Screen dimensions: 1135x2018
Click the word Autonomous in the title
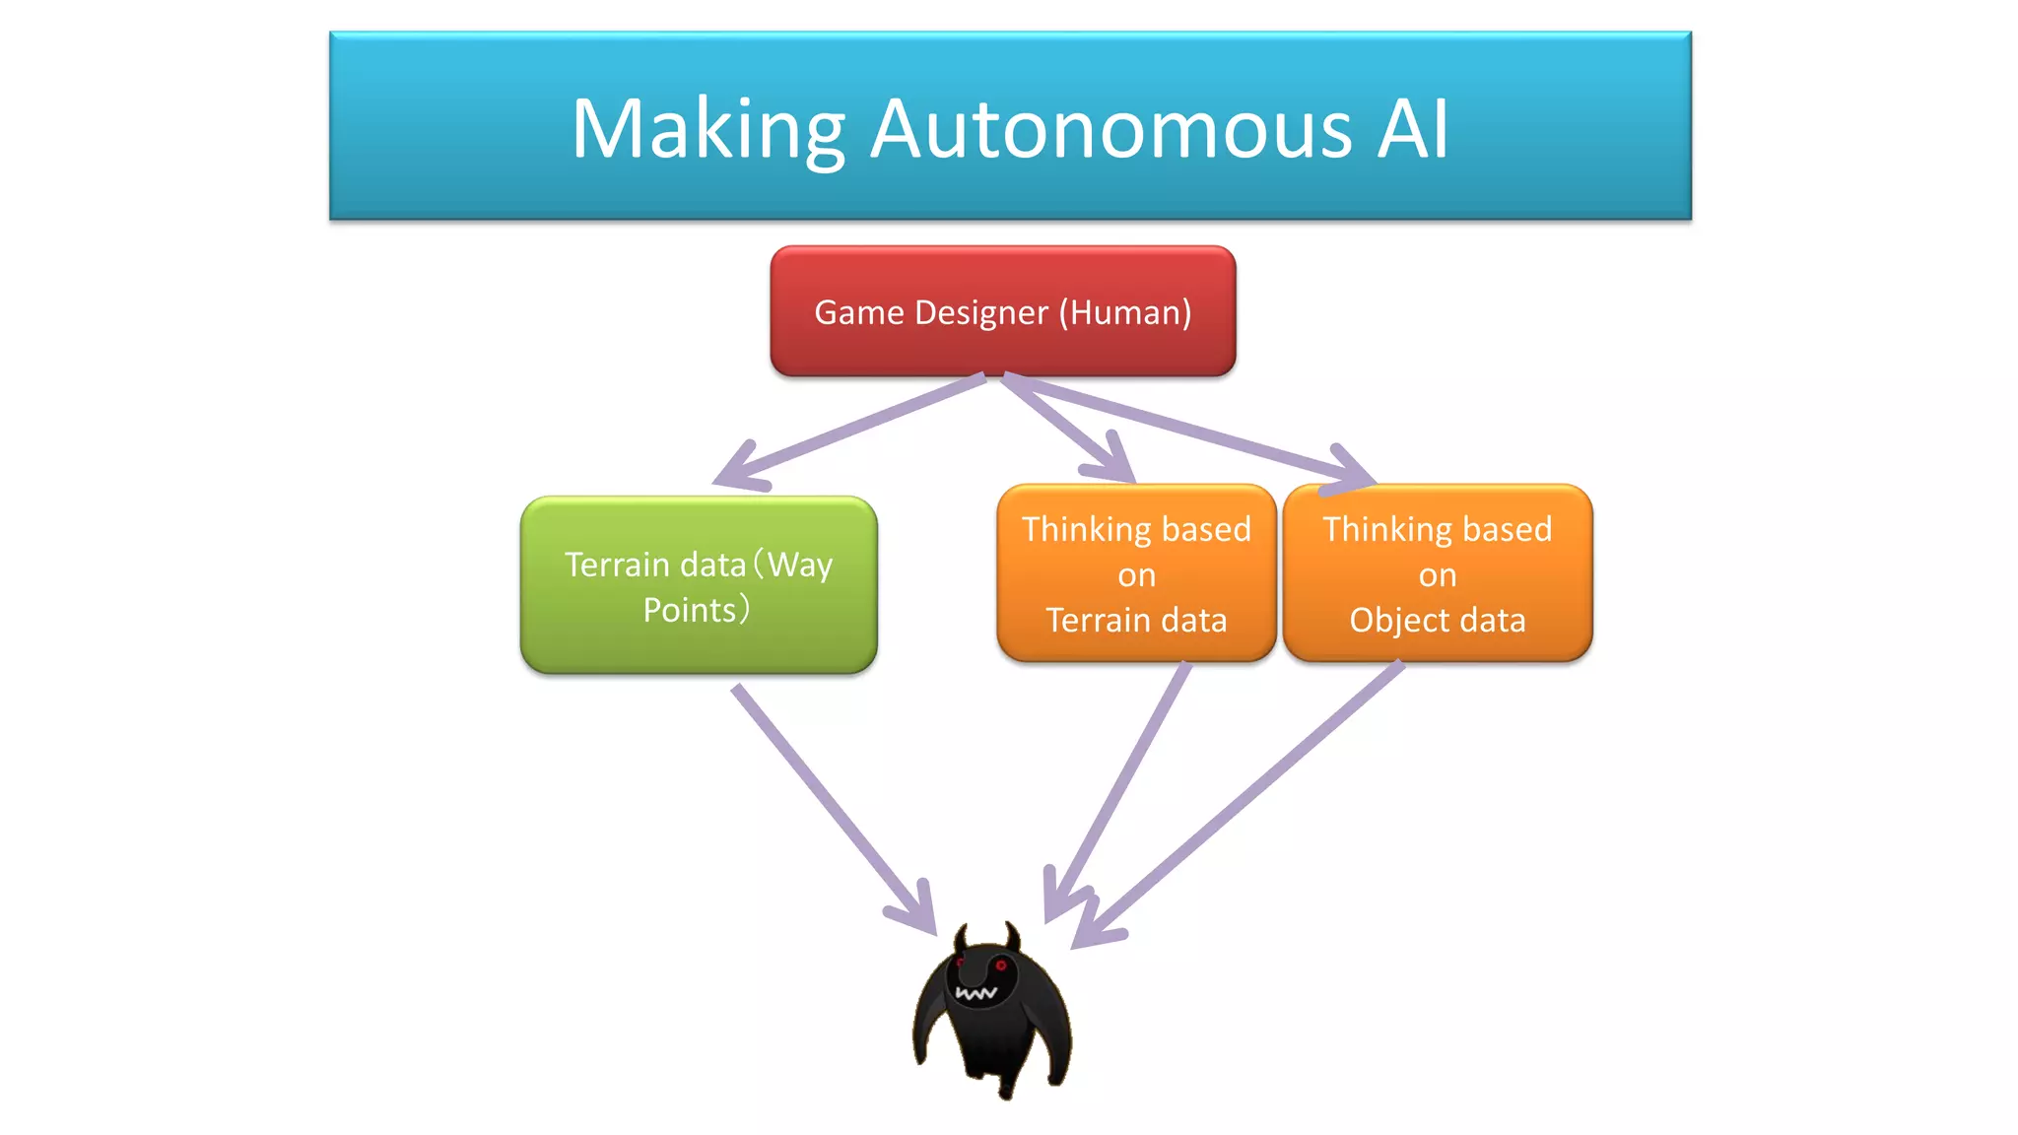coord(1111,130)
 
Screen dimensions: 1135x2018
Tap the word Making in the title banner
coord(707,130)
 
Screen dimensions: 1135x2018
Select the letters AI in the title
coord(1412,130)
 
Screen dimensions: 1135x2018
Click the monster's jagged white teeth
coord(975,993)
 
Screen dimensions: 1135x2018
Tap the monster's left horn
coord(962,936)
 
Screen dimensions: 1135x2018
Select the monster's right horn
coord(1012,934)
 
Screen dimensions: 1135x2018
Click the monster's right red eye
coord(1000,965)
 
